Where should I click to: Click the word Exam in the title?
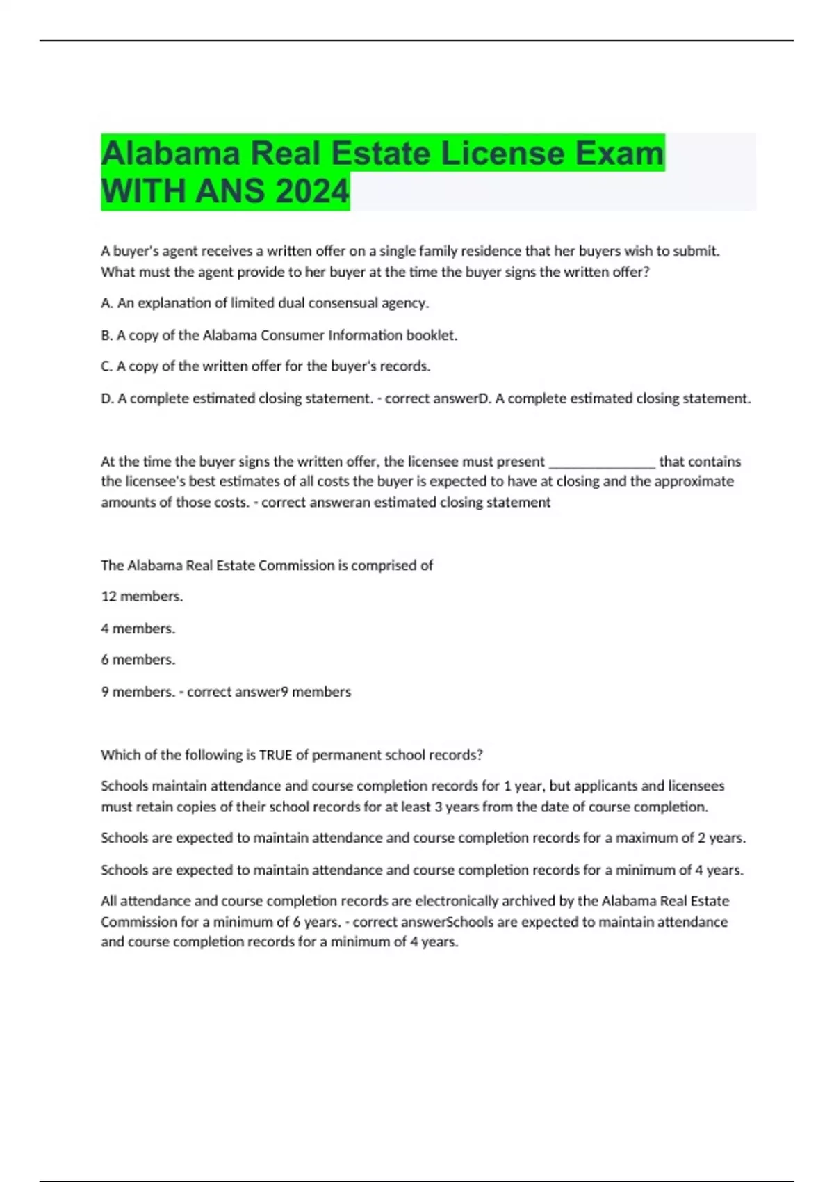click(x=619, y=153)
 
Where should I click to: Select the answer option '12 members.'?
click(x=142, y=597)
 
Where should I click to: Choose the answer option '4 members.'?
click(x=138, y=629)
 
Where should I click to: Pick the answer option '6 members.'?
click(x=138, y=660)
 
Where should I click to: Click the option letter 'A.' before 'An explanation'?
click(x=107, y=303)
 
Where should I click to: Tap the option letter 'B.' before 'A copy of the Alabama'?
click(x=107, y=335)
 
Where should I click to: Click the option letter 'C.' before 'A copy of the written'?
click(x=107, y=366)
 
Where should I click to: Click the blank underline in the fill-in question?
click(x=602, y=462)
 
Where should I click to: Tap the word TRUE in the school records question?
click(x=275, y=755)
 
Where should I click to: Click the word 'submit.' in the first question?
click(x=696, y=251)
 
